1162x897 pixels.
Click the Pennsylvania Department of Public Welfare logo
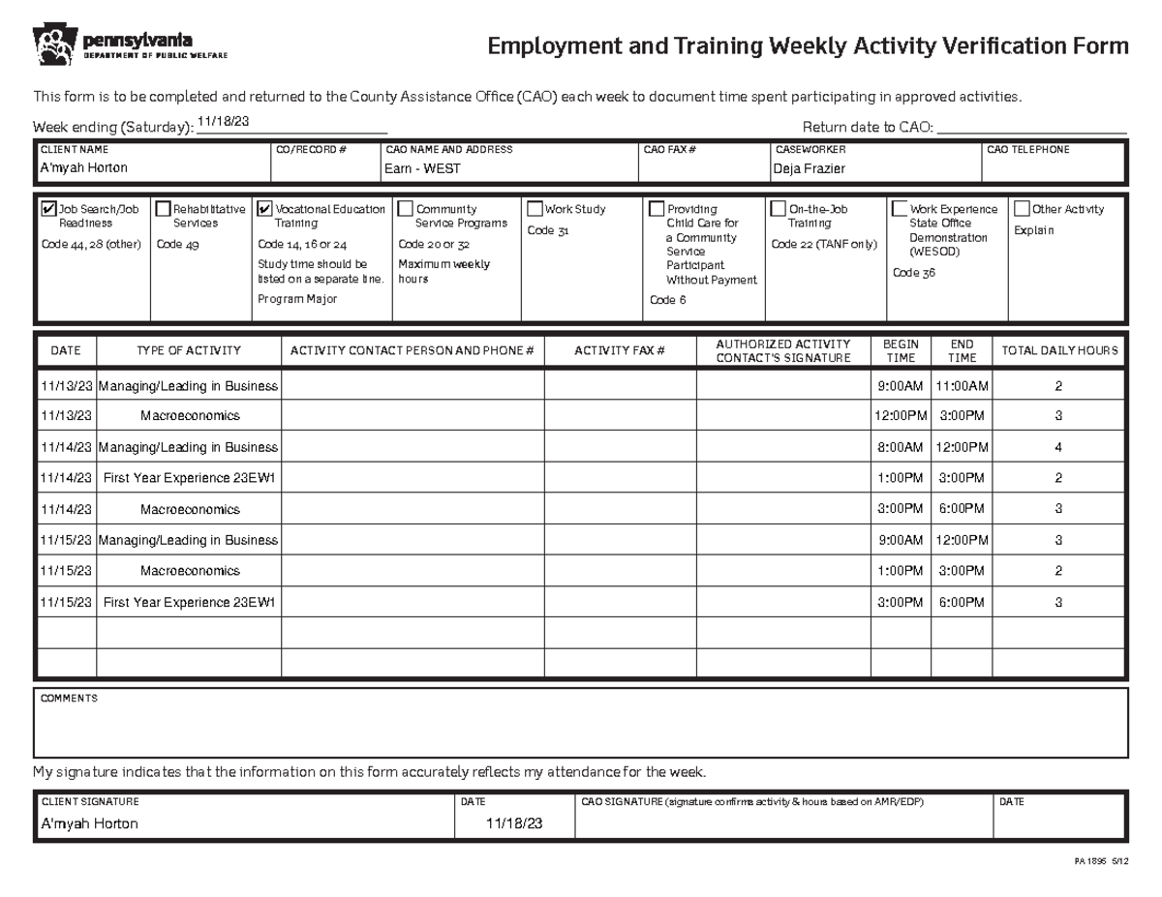[130, 45]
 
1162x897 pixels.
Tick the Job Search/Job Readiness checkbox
[49, 209]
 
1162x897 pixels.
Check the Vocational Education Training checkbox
[265, 209]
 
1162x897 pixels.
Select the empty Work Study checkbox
[535, 209]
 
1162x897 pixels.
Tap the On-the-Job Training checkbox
[778, 209]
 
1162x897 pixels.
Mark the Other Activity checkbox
[1022, 209]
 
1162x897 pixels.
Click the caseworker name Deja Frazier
[809, 168]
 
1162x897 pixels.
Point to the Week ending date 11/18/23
[223, 121]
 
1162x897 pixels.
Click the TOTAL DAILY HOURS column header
[1059, 351]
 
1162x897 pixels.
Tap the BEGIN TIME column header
[900, 351]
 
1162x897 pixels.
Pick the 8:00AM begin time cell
[900, 447]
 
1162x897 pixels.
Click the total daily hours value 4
[1058, 447]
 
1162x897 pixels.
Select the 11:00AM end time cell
[962, 386]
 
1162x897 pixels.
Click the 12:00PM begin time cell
[900, 416]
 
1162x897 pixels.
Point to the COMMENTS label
[69, 699]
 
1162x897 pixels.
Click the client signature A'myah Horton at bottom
[89, 823]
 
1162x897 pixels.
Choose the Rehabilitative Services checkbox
[163, 209]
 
